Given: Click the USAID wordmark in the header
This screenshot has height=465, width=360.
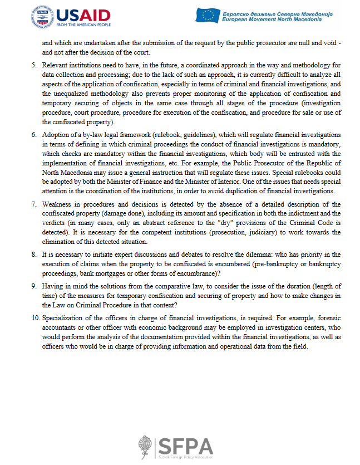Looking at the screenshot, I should click(x=83, y=14).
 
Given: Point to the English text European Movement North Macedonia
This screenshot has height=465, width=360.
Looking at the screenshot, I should click(x=271, y=19).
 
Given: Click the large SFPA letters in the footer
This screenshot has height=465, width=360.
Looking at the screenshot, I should click(x=185, y=447).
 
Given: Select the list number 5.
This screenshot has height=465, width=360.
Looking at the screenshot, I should click(x=34, y=65).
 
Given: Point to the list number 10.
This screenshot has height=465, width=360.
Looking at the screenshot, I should click(x=36, y=318).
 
